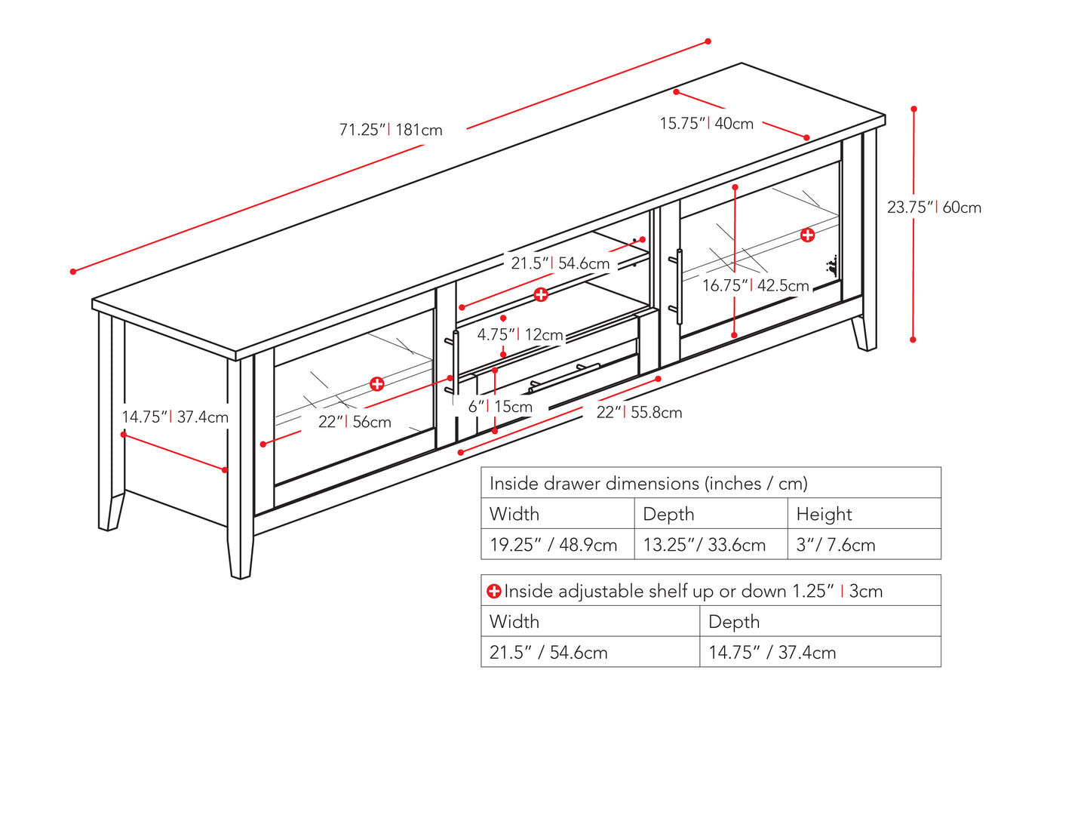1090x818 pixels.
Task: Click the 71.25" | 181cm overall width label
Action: point(391,130)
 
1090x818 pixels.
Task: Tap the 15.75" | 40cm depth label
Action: point(706,124)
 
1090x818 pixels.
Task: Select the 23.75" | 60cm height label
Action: point(934,208)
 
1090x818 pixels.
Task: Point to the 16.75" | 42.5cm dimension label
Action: point(755,286)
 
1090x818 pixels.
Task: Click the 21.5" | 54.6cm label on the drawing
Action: point(560,263)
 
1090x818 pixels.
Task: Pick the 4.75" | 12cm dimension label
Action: point(520,334)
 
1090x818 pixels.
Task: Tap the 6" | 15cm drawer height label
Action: point(500,407)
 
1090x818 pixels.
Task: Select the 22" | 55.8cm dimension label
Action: point(639,413)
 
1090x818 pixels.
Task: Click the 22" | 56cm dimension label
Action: point(355,422)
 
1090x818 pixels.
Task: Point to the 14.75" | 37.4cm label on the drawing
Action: point(175,417)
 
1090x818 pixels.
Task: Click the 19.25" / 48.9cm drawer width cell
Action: point(554,545)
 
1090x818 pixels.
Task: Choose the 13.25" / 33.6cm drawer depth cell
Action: point(704,545)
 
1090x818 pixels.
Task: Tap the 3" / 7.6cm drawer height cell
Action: point(836,545)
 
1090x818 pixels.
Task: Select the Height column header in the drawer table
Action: point(824,514)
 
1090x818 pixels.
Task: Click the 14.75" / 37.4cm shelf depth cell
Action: point(772,653)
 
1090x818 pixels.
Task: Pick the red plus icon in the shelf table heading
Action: point(494,592)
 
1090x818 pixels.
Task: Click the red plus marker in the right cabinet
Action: point(808,235)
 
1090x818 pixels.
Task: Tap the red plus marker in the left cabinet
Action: point(377,384)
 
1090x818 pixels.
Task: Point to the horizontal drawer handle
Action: point(563,377)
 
